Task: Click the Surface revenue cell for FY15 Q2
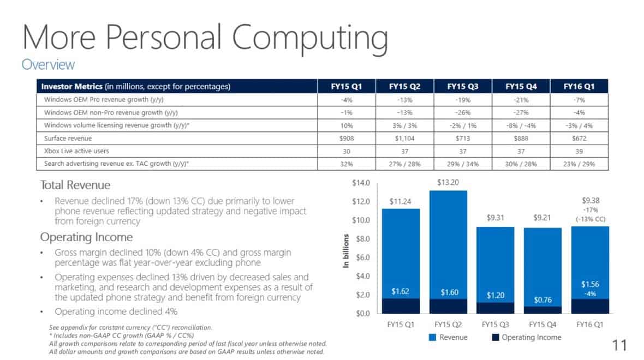pyautogui.click(x=404, y=138)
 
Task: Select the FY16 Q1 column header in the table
pyautogui.click(x=579, y=86)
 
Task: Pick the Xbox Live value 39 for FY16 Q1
pyautogui.click(x=579, y=151)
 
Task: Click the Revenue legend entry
pyautogui.click(x=448, y=337)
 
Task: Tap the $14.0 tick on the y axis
pyautogui.click(x=361, y=183)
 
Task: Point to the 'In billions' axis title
pyautogui.click(x=346, y=250)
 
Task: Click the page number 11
pyautogui.click(x=619, y=345)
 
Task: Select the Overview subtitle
pyautogui.click(x=48, y=64)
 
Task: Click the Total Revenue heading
pyautogui.click(x=75, y=185)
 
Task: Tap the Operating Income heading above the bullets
pyautogui.click(x=86, y=237)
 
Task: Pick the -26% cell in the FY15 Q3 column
pyautogui.click(x=463, y=112)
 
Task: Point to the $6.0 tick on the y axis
pyautogui.click(x=363, y=257)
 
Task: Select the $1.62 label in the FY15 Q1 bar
pyautogui.click(x=401, y=292)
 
